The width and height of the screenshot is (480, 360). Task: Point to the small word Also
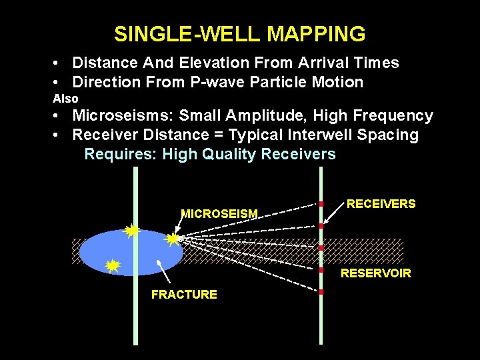pyautogui.click(x=65, y=99)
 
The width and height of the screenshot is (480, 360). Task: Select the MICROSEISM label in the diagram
pyautogui.click(x=219, y=214)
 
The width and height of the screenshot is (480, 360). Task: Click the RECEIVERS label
pyautogui.click(x=381, y=204)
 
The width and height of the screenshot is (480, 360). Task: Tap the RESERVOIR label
pyautogui.click(x=376, y=273)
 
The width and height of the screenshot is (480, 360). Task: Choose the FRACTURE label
pyautogui.click(x=184, y=295)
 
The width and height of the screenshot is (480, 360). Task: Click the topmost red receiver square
pyautogui.click(x=321, y=203)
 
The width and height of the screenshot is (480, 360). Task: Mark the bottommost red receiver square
pyautogui.click(x=321, y=292)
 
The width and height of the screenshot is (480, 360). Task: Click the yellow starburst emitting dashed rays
pyautogui.click(x=173, y=238)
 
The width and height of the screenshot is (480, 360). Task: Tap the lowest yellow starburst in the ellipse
pyautogui.click(x=113, y=266)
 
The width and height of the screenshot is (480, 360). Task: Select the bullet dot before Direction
pyautogui.click(x=60, y=83)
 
